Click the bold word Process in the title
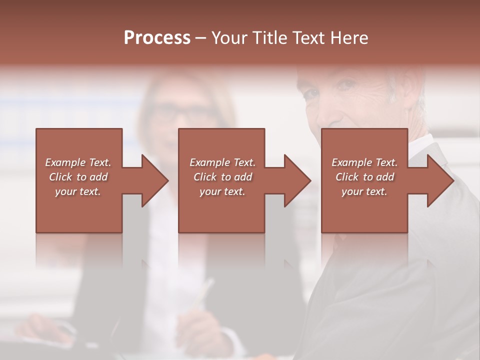(x=157, y=38)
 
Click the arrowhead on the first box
(x=152, y=180)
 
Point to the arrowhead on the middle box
(x=295, y=180)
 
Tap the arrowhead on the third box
(x=438, y=180)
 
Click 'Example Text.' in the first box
(x=78, y=162)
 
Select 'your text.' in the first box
(x=78, y=191)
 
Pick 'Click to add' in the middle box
(x=222, y=177)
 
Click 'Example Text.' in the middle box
(x=222, y=162)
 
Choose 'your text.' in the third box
(x=364, y=191)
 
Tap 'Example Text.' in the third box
(x=364, y=162)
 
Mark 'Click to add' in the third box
(x=364, y=177)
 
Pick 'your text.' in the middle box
(x=222, y=191)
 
